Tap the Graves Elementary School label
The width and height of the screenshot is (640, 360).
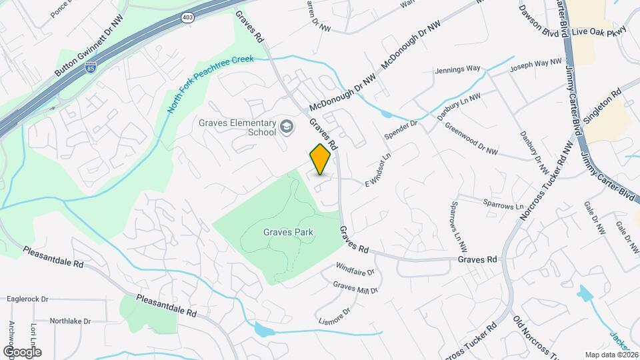pos(237,127)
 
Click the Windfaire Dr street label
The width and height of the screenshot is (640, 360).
pos(355,271)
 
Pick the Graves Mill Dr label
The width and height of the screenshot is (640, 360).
pos(355,287)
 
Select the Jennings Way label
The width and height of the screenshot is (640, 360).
pos(457,69)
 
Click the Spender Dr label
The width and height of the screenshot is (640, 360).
pos(401,129)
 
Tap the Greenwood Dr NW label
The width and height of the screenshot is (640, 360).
pos(471,141)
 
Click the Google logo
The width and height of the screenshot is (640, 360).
pos(21,351)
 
